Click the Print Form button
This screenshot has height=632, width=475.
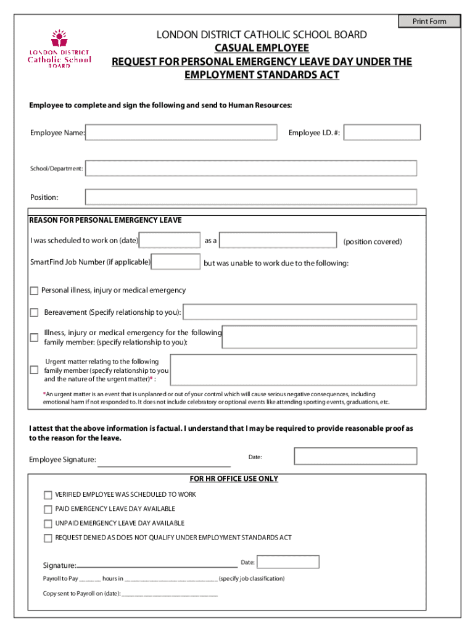point(429,22)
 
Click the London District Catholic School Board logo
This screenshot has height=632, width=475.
point(59,49)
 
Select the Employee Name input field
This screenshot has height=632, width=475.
point(181,133)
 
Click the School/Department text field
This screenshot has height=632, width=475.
point(251,168)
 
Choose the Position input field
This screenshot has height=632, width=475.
point(251,197)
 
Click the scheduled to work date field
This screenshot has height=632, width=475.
point(170,241)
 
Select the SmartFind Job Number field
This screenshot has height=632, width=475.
point(176,262)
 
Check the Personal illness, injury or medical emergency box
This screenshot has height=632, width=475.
point(35,291)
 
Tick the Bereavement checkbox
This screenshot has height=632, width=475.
point(35,312)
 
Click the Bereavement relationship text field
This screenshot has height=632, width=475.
point(300,312)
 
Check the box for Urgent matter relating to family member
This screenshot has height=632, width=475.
point(35,370)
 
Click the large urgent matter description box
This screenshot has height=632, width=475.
point(293,370)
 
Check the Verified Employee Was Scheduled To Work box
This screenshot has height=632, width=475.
point(48,495)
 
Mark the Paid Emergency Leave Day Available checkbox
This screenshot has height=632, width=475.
point(48,509)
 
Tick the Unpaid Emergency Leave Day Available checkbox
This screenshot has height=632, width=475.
point(48,523)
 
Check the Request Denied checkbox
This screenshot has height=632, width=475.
point(48,538)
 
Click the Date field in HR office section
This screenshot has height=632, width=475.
point(288,562)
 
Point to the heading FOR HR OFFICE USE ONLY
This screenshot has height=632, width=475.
point(234,479)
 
